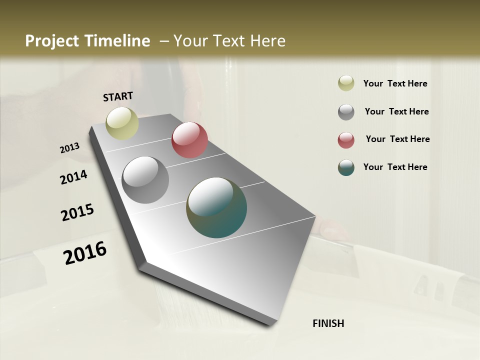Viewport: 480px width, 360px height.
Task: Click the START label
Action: pos(118,96)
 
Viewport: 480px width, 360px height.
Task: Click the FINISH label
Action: pos(328,323)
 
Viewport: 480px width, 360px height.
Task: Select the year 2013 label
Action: pos(70,148)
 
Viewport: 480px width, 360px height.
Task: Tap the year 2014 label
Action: pos(74,177)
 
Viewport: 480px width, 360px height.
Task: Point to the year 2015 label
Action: pos(77,212)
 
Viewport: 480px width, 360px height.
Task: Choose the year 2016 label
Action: pos(85,253)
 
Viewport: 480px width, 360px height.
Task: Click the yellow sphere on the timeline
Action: pos(122,123)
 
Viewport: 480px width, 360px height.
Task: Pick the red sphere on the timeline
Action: pos(189,140)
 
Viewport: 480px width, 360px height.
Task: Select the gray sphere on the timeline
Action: pos(145,180)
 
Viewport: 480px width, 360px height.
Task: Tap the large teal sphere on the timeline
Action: pos(216,207)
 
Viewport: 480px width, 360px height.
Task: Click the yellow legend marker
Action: pos(346,83)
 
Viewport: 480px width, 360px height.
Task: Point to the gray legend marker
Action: pos(346,112)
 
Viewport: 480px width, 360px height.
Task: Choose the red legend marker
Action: pos(346,140)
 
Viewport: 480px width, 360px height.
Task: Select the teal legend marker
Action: pos(346,167)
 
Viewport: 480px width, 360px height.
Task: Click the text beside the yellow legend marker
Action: pos(395,83)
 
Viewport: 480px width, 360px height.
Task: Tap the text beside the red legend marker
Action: pos(397,139)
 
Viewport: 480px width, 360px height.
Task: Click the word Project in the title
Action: pos(52,41)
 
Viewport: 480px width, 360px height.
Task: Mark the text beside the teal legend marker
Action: pos(395,167)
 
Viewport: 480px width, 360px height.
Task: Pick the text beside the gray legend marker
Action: pos(396,111)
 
